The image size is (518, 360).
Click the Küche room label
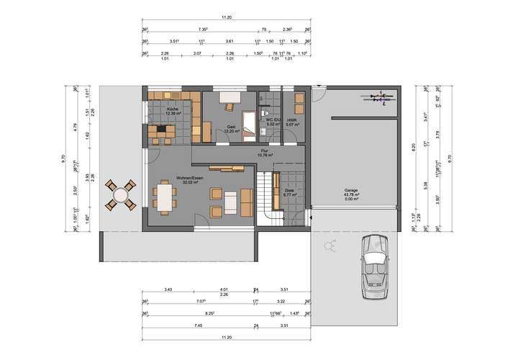pos(172,109)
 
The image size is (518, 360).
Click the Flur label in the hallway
pos(265,151)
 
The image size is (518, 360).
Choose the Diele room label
pos(290,190)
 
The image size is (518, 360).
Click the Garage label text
pos(351,191)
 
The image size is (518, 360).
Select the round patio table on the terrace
pos(121,194)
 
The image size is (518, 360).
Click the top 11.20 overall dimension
pos(227,16)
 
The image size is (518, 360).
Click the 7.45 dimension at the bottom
pos(177,326)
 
